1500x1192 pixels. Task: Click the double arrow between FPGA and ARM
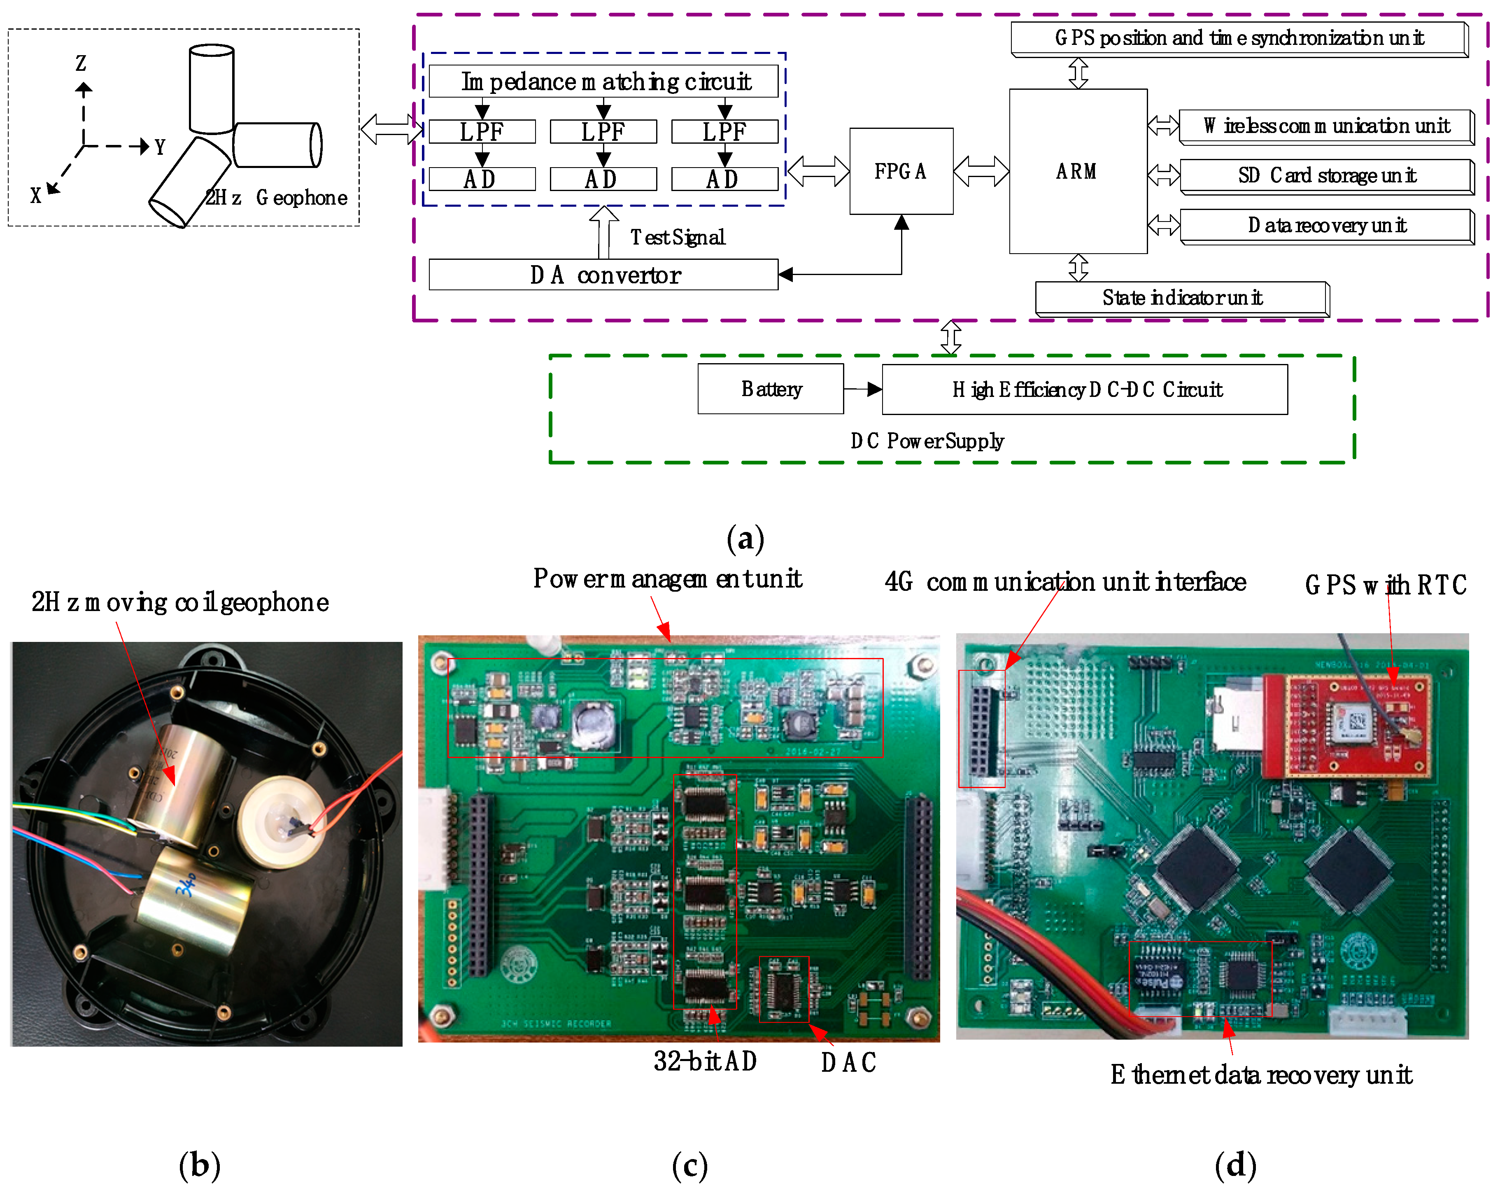pyautogui.click(x=981, y=171)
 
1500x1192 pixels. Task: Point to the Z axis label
pyautogui.click(x=81, y=63)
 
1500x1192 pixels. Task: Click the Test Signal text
pyautogui.click(x=677, y=237)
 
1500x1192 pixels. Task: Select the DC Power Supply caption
pyautogui.click(x=926, y=441)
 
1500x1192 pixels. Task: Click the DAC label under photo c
pyautogui.click(x=848, y=1063)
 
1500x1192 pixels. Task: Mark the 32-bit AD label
pyautogui.click(x=705, y=1061)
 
